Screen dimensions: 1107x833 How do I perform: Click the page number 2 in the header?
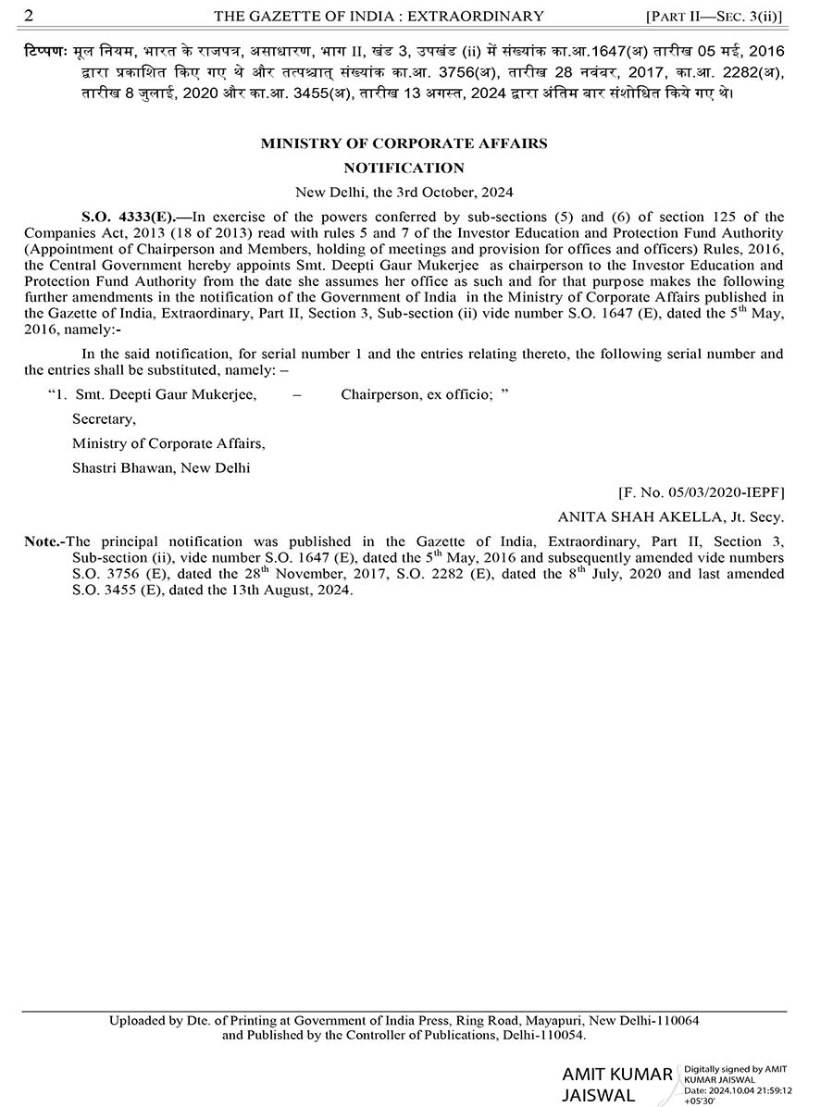coord(30,15)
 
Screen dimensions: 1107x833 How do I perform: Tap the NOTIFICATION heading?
coord(404,168)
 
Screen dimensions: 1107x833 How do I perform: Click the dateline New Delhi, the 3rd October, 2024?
coord(404,193)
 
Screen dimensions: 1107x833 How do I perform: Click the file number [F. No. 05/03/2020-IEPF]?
coord(701,493)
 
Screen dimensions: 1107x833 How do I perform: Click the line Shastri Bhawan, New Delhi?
coord(161,467)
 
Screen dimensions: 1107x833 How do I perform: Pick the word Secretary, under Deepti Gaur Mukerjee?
coord(104,418)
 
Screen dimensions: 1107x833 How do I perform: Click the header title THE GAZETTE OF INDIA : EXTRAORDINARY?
coord(379,16)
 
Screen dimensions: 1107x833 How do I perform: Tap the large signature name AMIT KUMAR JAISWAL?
coord(616,1085)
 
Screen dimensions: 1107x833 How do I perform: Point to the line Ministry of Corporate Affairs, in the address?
coord(168,443)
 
